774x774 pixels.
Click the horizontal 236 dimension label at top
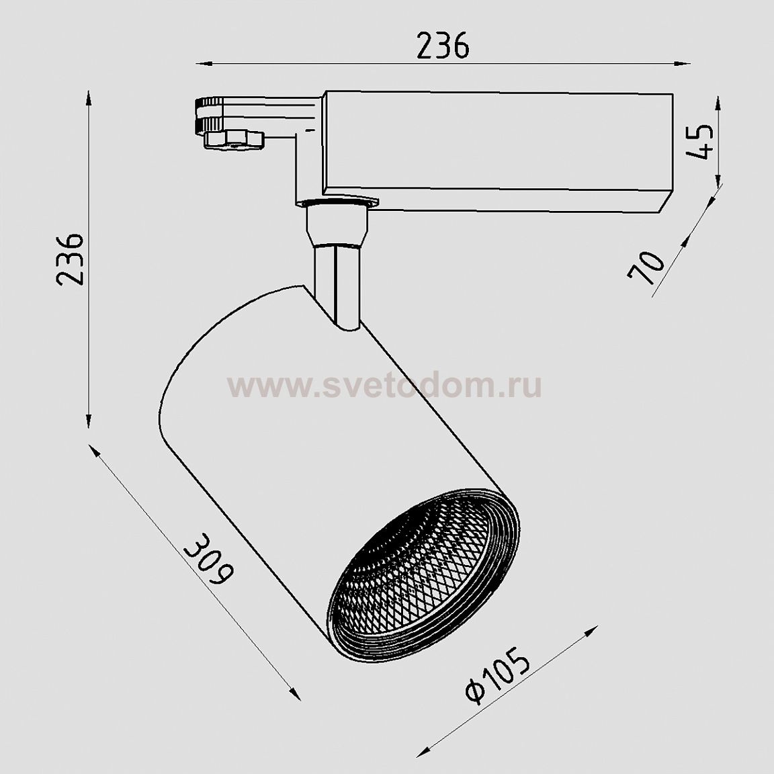pyautogui.click(x=443, y=46)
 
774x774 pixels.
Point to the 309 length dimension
pyautogui.click(x=209, y=559)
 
